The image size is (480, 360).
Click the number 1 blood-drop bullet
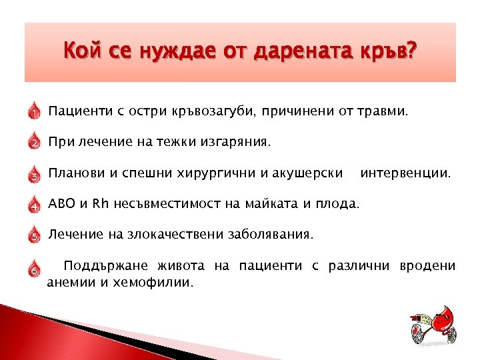(34, 111)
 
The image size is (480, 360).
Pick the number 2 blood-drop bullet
(34, 143)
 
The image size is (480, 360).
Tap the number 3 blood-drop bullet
(34, 175)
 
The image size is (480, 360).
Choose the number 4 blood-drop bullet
(34, 205)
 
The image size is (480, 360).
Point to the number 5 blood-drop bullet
(34, 235)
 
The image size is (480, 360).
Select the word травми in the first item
(381, 111)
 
